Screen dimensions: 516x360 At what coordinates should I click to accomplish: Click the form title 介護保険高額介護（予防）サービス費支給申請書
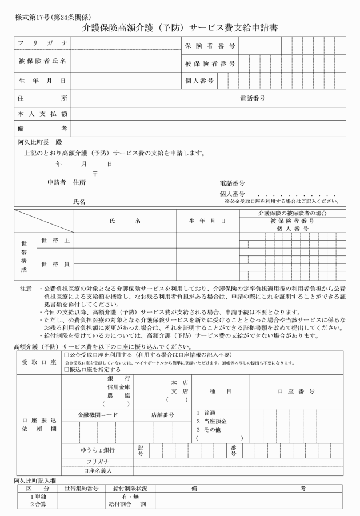click(181, 27)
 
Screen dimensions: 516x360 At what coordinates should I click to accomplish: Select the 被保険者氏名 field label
click(43, 61)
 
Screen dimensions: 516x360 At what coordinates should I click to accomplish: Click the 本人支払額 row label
click(43, 114)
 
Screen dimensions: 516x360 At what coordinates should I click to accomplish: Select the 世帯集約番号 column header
click(82, 489)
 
